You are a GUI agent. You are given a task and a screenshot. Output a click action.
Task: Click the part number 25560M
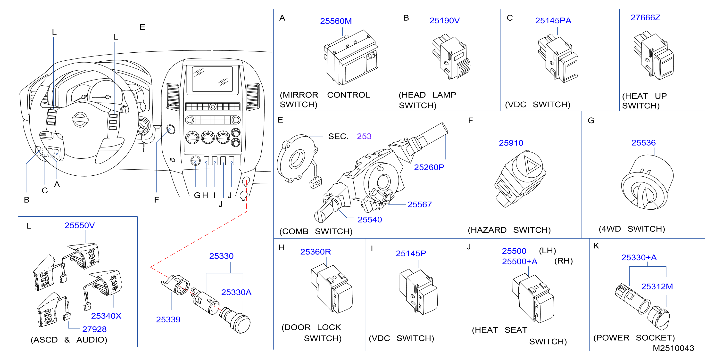click(336, 21)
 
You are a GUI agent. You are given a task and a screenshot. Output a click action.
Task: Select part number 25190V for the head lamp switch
click(444, 20)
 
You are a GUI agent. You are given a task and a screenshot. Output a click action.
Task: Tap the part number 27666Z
click(645, 18)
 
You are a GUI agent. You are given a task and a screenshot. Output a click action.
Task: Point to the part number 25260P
click(429, 167)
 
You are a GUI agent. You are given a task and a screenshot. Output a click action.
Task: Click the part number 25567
click(419, 204)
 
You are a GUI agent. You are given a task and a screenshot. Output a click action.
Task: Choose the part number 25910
click(511, 143)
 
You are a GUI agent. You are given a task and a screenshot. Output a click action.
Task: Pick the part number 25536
click(643, 143)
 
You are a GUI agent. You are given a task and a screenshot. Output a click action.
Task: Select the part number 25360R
click(316, 252)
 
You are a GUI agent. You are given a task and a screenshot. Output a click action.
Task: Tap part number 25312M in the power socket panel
click(657, 286)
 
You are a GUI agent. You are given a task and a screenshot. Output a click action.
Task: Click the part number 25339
click(168, 319)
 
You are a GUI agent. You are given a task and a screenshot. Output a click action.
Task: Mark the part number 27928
click(94, 329)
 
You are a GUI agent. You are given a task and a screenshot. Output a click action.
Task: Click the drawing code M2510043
click(673, 348)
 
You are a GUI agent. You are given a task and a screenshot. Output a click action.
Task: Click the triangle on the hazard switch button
click(531, 165)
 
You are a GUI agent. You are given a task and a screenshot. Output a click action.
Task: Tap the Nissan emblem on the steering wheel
click(80, 120)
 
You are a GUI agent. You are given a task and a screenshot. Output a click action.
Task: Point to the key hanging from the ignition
click(143, 142)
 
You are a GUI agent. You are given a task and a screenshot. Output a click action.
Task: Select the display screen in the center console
click(212, 79)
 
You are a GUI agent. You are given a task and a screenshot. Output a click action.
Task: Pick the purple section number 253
click(364, 136)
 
